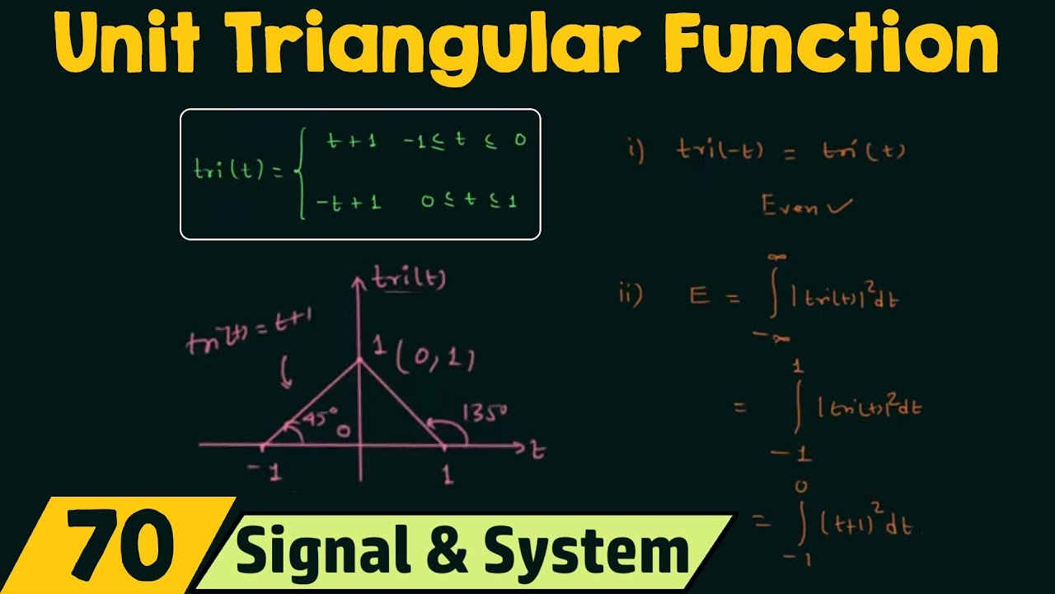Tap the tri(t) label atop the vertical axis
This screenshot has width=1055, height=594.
click(x=408, y=280)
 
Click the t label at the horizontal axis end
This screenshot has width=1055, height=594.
click(x=537, y=450)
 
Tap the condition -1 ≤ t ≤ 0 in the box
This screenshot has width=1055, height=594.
click(x=464, y=141)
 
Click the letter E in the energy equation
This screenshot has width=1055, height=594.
click(x=700, y=296)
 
